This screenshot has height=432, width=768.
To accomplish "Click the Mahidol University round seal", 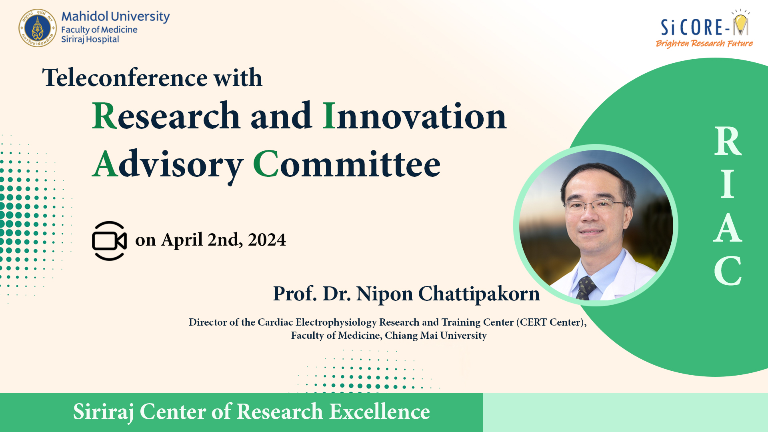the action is click(38, 28).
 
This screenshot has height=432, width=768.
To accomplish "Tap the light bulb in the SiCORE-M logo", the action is click(740, 23).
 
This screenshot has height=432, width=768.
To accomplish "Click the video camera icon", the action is click(109, 241).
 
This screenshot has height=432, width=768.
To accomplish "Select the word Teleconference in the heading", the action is click(125, 77).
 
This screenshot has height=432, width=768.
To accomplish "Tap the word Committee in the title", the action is click(346, 164).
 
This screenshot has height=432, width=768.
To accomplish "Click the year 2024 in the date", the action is click(267, 240).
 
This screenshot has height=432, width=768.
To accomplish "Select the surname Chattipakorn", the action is click(479, 294).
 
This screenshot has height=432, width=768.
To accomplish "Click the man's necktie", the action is click(586, 288).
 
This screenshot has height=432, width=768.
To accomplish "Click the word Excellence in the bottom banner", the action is click(380, 412).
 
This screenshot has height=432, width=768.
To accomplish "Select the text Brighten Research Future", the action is click(704, 43).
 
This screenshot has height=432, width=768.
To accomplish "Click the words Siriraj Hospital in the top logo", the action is click(90, 39).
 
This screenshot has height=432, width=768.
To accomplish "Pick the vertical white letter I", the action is click(728, 184).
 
